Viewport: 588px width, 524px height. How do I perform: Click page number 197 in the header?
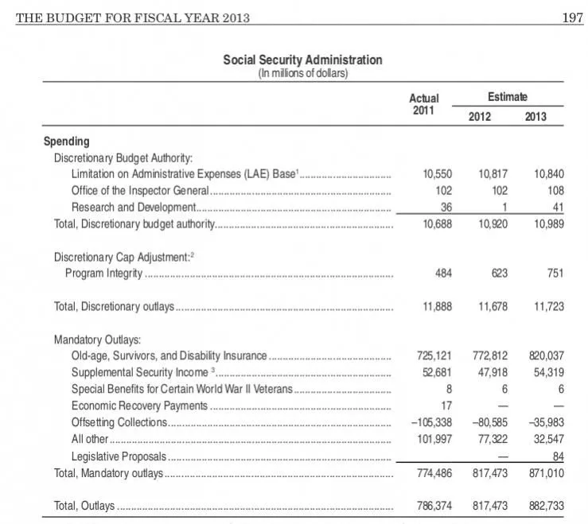pyautogui.click(x=572, y=18)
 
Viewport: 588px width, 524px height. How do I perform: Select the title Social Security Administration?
pyautogui.click(x=302, y=60)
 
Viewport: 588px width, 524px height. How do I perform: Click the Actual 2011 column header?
pyautogui.click(x=423, y=104)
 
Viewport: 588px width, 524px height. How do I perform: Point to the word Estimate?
pyautogui.click(x=506, y=96)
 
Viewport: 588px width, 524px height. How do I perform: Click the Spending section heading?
pyautogui.click(x=66, y=142)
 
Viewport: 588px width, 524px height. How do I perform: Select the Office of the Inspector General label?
pyautogui.click(x=140, y=191)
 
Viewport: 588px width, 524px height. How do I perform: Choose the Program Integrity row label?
pyautogui.click(x=103, y=274)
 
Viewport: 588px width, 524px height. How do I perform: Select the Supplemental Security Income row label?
pyautogui.click(x=142, y=373)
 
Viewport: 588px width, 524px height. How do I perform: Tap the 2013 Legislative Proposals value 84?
pyautogui.click(x=557, y=456)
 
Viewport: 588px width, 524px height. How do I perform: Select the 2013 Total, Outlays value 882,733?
pyautogui.click(x=545, y=506)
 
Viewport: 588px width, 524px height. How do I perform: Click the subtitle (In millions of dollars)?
pyautogui.click(x=302, y=73)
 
